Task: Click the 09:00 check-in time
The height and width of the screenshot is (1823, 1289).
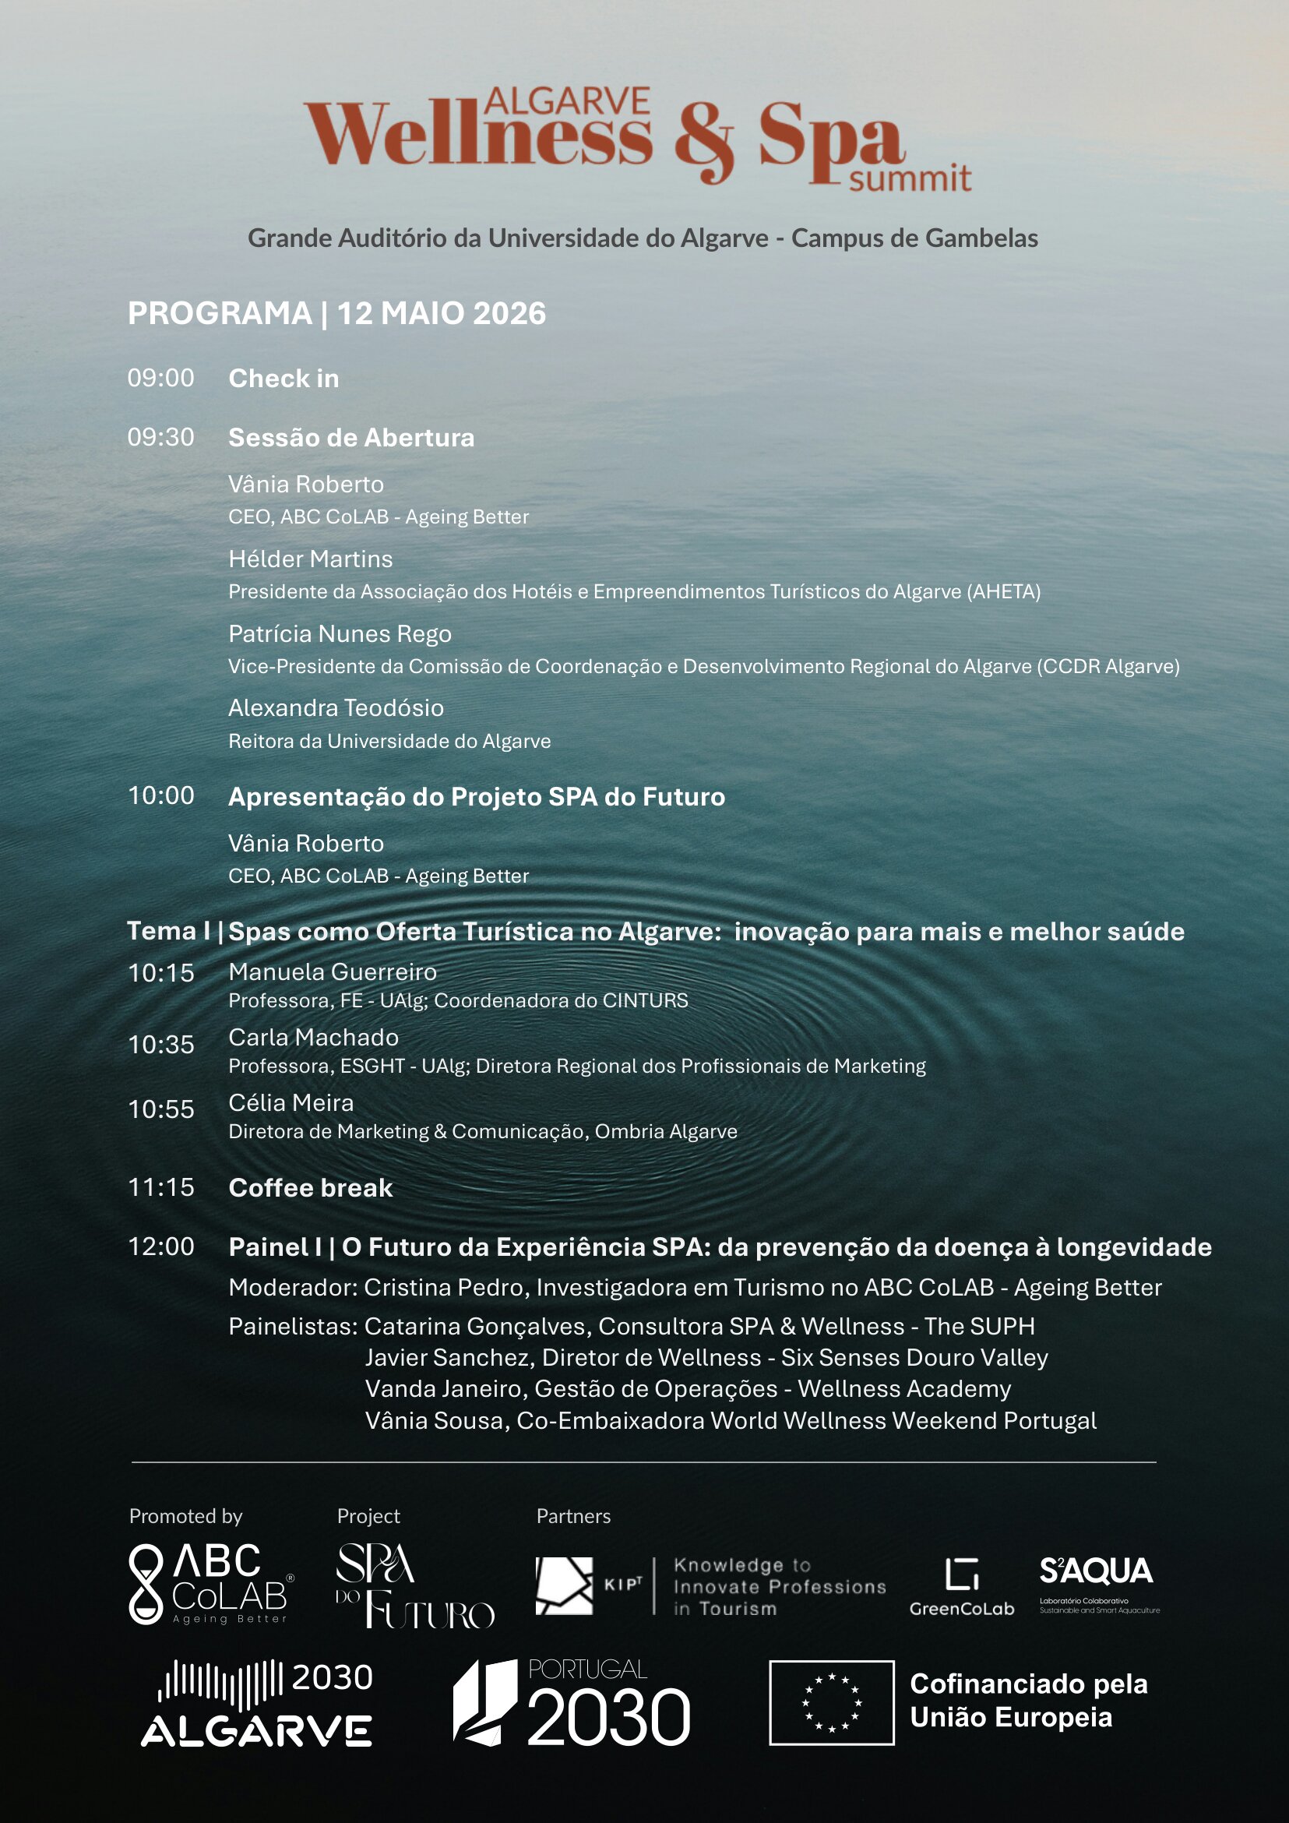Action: click(160, 378)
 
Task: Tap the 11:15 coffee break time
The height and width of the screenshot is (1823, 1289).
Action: click(161, 1187)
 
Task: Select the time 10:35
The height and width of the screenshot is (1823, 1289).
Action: click(161, 1044)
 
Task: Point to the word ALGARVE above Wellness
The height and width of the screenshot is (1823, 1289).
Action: click(567, 101)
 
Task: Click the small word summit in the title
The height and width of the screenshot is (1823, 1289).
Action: click(910, 178)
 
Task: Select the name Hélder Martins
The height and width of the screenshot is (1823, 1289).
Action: click(310, 559)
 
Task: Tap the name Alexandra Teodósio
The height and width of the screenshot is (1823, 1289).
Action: click(336, 707)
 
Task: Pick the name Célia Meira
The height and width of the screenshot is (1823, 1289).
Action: click(291, 1103)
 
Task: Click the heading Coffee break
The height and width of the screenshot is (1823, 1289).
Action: click(310, 1188)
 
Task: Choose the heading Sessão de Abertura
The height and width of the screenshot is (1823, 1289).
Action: click(350, 438)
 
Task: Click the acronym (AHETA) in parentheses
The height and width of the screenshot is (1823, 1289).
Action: click(1003, 591)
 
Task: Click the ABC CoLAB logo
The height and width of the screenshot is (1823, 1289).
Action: click(210, 1584)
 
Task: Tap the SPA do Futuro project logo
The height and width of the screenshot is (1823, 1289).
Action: click(414, 1585)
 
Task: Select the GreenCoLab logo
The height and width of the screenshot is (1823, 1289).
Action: click(961, 1586)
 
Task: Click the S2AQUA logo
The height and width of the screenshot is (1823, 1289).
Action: click(1097, 1583)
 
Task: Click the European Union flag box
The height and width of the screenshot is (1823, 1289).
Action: click(831, 1702)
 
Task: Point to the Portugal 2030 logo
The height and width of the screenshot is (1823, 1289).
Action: click(572, 1702)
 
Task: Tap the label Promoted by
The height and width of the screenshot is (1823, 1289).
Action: click(185, 1516)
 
